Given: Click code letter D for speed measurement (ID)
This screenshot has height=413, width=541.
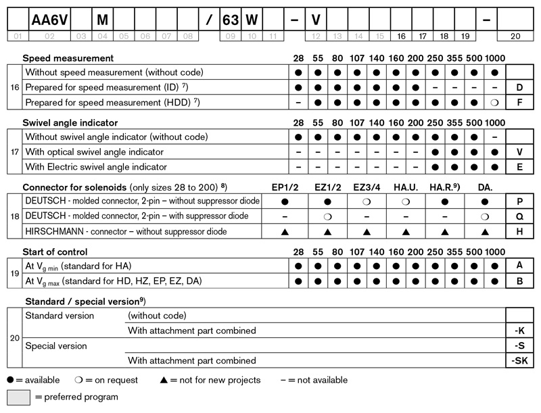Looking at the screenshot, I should pyautogui.click(x=519, y=88).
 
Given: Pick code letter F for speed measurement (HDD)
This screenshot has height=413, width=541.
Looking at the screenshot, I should pyautogui.click(x=519, y=103).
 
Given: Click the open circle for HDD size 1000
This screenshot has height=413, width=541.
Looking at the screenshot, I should pyautogui.click(x=495, y=103).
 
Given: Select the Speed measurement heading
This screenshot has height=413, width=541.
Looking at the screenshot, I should pyautogui.click(x=68, y=58).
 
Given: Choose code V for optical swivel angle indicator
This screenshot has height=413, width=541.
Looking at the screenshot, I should pyautogui.click(x=519, y=152).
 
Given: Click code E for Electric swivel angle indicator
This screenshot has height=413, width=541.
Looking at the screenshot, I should pyautogui.click(x=519, y=167).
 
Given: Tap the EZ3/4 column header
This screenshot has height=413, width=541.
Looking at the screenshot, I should pyautogui.click(x=366, y=187).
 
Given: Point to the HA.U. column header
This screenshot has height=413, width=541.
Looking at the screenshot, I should pyautogui.click(x=405, y=187).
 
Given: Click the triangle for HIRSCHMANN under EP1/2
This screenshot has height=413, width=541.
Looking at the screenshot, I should pyautogui.click(x=285, y=232).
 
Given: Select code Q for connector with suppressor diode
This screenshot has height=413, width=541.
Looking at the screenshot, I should pyautogui.click(x=519, y=216).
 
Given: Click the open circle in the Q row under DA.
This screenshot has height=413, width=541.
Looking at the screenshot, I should pyautogui.click(x=485, y=216).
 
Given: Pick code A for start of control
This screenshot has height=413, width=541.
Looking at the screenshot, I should pyautogui.click(x=519, y=266).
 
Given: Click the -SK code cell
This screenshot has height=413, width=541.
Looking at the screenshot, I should pyautogui.click(x=519, y=360).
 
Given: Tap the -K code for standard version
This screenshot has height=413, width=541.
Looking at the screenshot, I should pyautogui.click(x=519, y=331).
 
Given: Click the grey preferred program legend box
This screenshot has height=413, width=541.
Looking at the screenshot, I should pyautogui.click(x=18, y=397).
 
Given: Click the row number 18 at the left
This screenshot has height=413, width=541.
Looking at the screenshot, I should pyautogui.click(x=14, y=216).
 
